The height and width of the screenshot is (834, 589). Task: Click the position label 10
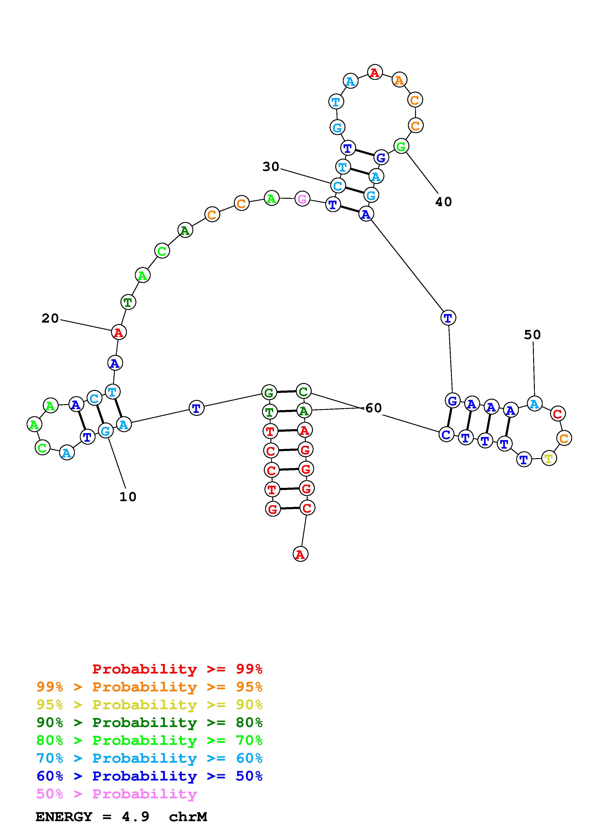coord(128,497)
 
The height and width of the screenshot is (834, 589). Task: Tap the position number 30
coord(271,167)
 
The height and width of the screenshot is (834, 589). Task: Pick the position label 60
coord(374,408)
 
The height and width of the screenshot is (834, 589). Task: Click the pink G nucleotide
coord(302,199)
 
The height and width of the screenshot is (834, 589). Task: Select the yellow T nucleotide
coord(549,458)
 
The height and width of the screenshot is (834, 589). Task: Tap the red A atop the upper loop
coord(374,72)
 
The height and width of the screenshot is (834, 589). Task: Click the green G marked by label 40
coord(401,146)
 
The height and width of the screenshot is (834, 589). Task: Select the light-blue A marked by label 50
coord(534,403)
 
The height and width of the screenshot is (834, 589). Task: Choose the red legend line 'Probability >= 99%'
coord(177,669)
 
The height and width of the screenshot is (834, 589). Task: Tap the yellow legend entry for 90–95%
coord(149,705)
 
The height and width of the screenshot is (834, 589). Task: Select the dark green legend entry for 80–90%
coord(149,722)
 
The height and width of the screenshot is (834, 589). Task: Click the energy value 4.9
coord(135,817)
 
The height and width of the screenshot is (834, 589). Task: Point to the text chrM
coord(188,817)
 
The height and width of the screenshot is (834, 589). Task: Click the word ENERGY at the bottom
coord(64,817)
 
